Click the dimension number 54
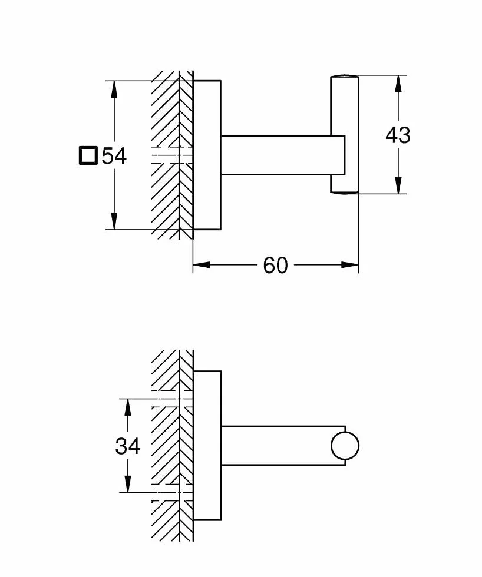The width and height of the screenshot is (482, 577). pos(114,155)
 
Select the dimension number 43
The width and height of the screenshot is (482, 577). pos(398,135)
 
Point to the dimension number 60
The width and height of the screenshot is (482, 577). pos(275,266)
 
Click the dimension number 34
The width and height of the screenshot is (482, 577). pos(128,446)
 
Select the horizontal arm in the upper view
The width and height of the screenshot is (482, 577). pos(283,155)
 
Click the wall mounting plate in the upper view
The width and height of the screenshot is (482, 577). pos(207,155)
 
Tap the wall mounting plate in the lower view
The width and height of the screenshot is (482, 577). pos(207,446)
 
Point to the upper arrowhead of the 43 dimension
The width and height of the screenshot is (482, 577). pos(398,84)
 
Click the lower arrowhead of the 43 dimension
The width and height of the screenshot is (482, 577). pos(398,185)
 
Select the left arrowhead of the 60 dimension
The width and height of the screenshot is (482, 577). pos(202,264)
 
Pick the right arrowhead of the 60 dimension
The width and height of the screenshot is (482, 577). pos(350,264)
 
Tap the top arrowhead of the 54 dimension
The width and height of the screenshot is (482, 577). pos(114,89)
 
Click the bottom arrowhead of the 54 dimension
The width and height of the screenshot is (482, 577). pos(114,221)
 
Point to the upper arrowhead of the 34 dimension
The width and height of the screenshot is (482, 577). pos(128,407)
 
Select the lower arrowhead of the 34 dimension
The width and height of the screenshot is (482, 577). pos(128,484)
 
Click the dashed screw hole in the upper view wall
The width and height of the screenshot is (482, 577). pos(172,155)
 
